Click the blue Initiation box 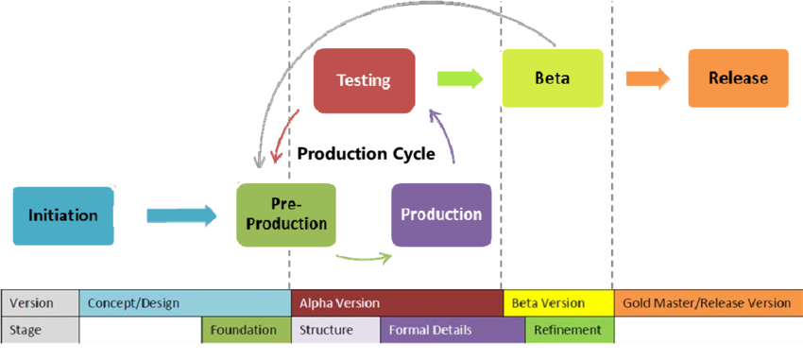click(x=62, y=215)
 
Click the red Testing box click(x=364, y=80)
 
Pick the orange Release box click(x=738, y=78)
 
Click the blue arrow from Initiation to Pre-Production click(x=181, y=215)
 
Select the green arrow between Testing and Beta click(x=459, y=79)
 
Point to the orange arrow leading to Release click(x=648, y=78)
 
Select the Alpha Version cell click(x=397, y=303)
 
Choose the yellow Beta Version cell click(x=557, y=303)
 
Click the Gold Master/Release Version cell click(x=708, y=303)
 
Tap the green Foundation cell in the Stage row click(x=245, y=330)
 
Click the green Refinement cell click(x=569, y=330)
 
